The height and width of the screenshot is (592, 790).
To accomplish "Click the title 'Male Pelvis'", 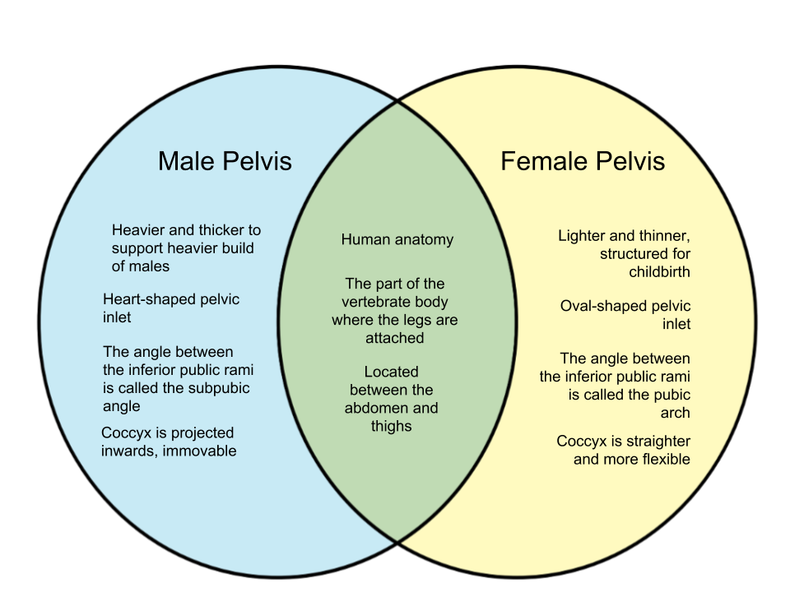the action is pyautogui.click(x=225, y=162).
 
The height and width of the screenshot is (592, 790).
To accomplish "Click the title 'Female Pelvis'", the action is pyautogui.click(x=583, y=162).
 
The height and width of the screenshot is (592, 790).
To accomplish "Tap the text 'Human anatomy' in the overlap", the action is pyautogui.click(x=397, y=239).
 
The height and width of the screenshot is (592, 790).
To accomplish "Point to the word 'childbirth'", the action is pyautogui.click(x=659, y=272).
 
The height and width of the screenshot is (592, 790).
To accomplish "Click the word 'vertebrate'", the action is pyautogui.click(x=374, y=302).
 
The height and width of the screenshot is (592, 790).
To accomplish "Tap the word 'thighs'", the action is pyautogui.click(x=392, y=427).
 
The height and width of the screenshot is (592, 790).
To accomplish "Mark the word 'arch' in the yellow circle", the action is pyautogui.click(x=675, y=413).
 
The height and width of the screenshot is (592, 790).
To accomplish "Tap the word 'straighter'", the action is pyautogui.click(x=658, y=442).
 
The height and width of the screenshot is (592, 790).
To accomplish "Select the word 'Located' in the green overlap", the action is pyautogui.click(x=392, y=372).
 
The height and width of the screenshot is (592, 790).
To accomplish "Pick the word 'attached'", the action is pyautogui.click(x=394, y=338).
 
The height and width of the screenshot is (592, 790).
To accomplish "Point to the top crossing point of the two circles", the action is pyautogui.click(x=397, y=101).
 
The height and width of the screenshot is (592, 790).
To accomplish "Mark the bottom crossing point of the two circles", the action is pyautogui.click(x=397, y=543).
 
